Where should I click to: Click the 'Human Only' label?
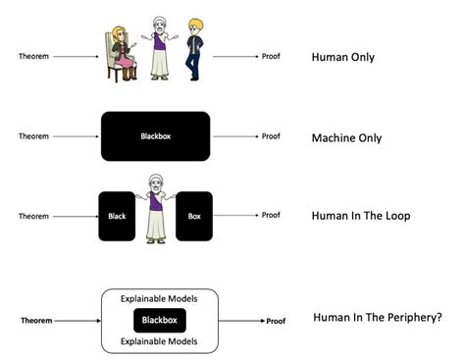[343, 58]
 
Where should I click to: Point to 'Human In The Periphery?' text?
[375, 319]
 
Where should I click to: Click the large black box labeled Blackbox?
[155, 136]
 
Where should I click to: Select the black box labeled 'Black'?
[117, 216]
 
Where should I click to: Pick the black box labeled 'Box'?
[193, 216]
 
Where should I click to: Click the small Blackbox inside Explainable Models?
[160, 320]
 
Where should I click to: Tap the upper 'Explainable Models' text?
[160, 297]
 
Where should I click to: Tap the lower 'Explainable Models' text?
[160, 342]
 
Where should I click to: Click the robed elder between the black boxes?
[154, 210]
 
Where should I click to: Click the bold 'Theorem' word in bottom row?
[38, 320]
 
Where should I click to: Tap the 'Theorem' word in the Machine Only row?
[33, 136]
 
